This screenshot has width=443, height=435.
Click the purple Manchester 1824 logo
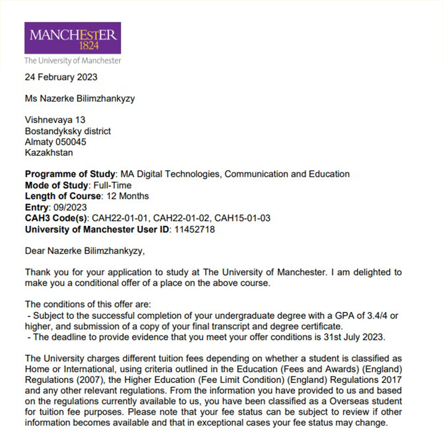click(x=72, y=38)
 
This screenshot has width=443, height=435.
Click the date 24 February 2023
click(x=61, y=77)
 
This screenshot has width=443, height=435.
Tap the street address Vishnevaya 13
click(x=55, y=120)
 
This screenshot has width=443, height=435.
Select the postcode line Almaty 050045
click(x=56, y=142)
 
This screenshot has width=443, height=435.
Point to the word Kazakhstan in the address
click(x=49, y=152)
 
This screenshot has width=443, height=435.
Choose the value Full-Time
click(x=112, y=185)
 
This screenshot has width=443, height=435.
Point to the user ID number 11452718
click(x=194, y=229)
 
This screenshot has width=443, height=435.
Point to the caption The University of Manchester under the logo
click(x=72, y=61)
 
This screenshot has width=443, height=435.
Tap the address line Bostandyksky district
click(x=68, y=131)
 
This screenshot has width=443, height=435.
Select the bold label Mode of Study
click(x=57, y=185)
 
